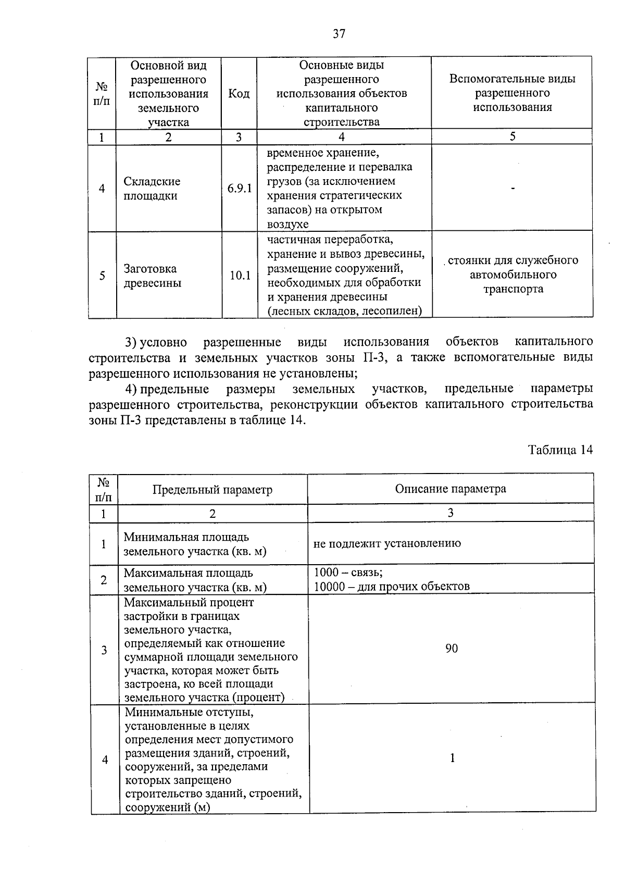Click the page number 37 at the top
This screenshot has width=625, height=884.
[339, 34]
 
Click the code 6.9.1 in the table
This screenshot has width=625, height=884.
[239, 189]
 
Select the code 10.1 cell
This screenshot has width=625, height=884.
[240, 276]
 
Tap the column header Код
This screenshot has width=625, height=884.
[239, 94]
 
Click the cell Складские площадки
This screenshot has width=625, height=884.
[152, 189]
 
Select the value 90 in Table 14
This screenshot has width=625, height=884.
[451, 649]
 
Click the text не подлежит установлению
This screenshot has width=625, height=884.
[387, 543]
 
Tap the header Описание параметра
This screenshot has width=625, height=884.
[450, 489]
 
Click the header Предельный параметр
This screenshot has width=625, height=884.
[212, 490]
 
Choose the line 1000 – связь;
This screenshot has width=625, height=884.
[348, 572]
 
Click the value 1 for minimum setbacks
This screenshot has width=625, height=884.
[452, 758]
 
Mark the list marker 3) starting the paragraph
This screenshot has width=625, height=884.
[130, 342]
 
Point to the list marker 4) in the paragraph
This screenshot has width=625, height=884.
[130, 389]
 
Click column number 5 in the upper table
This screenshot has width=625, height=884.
[512, 136]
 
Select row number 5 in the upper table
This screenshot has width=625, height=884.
[102, 276]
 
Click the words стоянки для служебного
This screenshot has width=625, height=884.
[512, 260]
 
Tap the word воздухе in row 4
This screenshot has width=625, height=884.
[287, 225]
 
